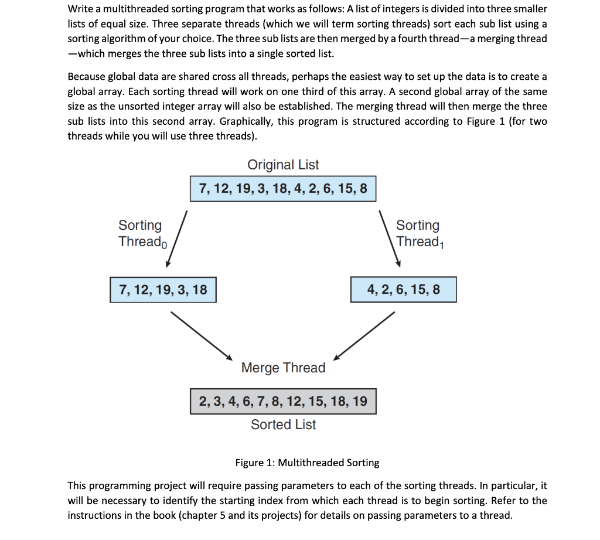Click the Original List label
click(283, 165)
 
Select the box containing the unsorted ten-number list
click(283, 189)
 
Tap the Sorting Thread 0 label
click(141, 233)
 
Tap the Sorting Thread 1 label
click(418, 233)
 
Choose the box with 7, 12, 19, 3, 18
click(163, 290)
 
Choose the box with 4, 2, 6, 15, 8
click(403, 290)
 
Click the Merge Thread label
click(283, 368)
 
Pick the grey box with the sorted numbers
click(283, 402)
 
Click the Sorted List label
click(283, 424)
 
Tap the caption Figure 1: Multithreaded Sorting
click(307, 463)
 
